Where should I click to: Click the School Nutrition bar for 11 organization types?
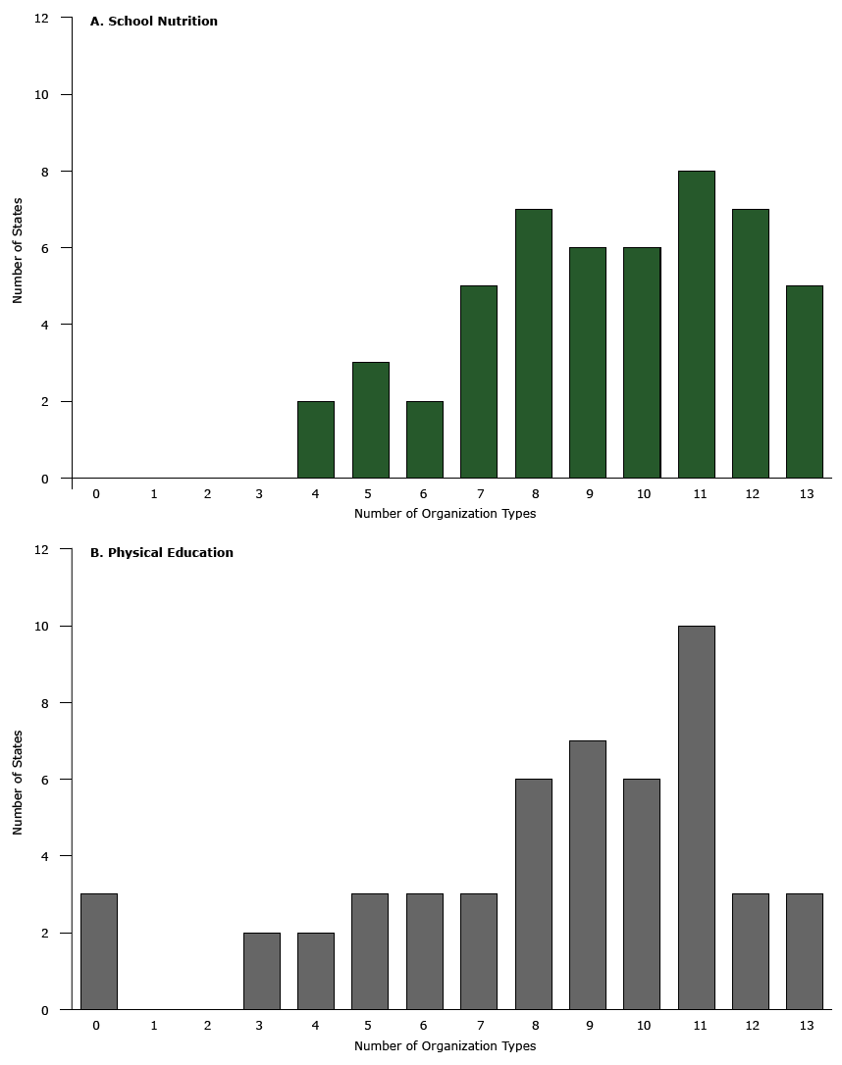coord(696,325)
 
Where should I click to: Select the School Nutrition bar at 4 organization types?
coord(315,439)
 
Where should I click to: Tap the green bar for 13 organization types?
coord(805,382)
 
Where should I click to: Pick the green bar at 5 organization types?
coord(370,421)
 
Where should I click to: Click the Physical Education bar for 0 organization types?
coord(99,951)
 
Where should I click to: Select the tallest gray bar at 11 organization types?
coord(696,818)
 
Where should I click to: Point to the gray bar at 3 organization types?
coord(261,971)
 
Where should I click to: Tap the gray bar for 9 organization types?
coord(587,875)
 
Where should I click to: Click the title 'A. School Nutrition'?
coord(154,22)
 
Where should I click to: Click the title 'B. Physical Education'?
coord(162,553)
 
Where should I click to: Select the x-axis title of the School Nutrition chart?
coord(445,514)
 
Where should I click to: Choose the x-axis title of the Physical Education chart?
coord(445,1046)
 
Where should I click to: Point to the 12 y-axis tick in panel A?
coord(40,18)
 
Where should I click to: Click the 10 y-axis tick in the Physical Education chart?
coord(40,627)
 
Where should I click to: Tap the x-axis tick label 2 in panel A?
coord(207,494)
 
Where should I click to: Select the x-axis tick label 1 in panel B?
coord(154,1026)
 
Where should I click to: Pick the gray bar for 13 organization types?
coord(805,951)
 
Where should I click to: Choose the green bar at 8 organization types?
coord(533,343)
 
